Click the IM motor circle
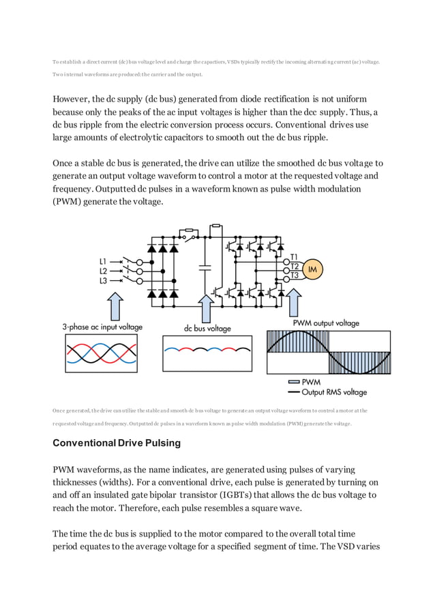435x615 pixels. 314,269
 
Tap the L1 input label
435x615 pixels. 103,260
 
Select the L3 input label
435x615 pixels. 103,280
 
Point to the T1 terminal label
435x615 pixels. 294,257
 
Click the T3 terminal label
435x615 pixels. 294,275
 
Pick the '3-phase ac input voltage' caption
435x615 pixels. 102,327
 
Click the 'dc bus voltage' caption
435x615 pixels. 207,328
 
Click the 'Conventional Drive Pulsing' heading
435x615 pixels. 117,442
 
